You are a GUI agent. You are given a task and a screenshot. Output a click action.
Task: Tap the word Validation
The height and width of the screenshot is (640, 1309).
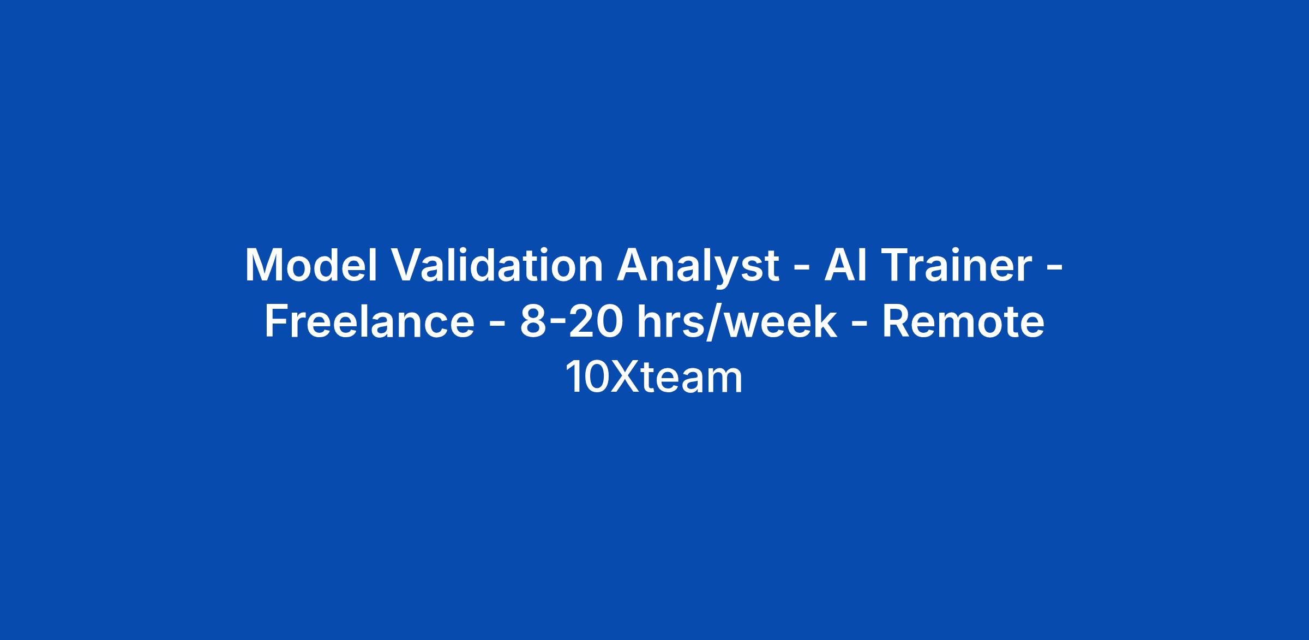[497, 265]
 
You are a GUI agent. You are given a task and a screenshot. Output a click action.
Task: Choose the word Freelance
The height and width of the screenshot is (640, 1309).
[370, 321]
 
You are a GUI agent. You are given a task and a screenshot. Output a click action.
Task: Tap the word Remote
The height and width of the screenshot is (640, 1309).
[963, 322]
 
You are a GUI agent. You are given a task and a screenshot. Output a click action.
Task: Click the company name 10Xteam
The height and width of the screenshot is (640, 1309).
[654, 378]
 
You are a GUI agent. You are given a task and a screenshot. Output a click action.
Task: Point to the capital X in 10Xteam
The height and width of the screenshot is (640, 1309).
[625, 378]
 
